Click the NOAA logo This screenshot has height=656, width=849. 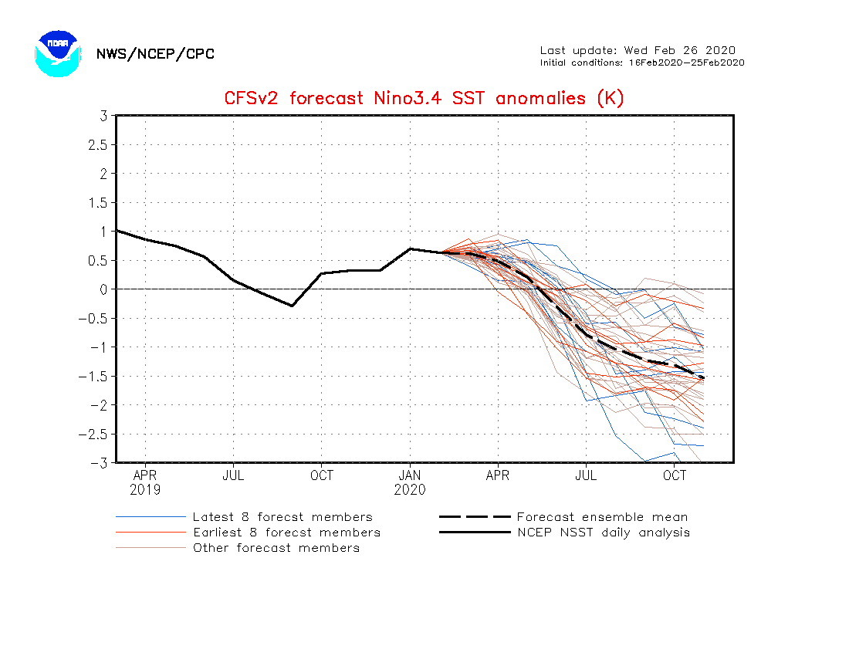point(57,53)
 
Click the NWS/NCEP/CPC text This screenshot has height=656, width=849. point(155,54)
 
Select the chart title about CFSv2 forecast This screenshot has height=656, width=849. point(424,98)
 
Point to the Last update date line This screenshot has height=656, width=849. point(638,51)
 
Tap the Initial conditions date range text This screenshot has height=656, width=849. point(642,63)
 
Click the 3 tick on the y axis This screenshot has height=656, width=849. point(103,116)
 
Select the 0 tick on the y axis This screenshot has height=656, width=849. point(103,289)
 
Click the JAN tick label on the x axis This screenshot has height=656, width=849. point(410,475)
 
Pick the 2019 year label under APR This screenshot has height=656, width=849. point(145,489)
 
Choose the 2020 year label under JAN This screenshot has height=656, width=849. point(410,489)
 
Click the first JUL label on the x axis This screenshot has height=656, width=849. point(233,475)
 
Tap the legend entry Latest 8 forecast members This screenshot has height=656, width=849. point(282,517)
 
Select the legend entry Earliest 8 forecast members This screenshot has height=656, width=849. point(286,533)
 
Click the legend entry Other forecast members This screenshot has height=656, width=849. point(276,548)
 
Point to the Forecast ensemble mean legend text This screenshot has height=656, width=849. point(602,517)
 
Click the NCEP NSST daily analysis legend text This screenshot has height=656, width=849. point(604,533)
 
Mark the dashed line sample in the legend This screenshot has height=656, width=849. point(475,517)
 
